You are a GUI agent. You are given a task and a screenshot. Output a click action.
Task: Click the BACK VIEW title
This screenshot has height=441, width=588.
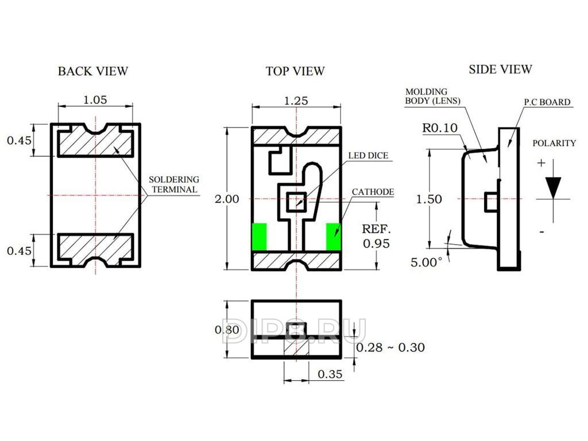(92, 71)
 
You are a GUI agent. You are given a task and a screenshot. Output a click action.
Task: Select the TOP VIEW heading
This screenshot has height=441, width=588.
(295, 71)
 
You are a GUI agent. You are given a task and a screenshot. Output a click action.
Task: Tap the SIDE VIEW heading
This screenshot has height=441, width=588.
(500, 69)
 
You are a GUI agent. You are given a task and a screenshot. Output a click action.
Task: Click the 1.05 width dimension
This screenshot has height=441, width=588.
(95, 100)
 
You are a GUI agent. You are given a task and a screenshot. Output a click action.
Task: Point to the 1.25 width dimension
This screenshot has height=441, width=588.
(296, 101)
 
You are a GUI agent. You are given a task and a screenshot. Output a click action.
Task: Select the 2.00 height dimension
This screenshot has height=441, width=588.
(227, 199)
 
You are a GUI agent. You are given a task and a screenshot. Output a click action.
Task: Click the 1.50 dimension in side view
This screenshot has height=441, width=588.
(429, 199)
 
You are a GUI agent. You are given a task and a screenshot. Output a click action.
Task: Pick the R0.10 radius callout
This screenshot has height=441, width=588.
(440, 128)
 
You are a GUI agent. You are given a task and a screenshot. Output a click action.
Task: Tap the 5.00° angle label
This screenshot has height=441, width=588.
(427, 262)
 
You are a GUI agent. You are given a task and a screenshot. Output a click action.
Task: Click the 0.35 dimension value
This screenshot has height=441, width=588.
(330, 374)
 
